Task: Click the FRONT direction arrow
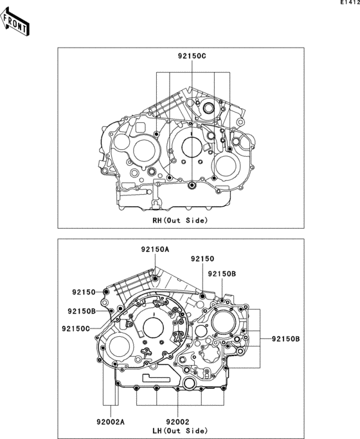coord(15,22)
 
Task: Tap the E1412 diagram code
coord(350,3)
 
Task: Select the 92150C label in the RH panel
coord(192,56)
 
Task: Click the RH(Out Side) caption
coord(180,220)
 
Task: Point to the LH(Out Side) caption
coord(180,431)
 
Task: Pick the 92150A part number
coord(155,249)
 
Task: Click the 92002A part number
coord(111,422)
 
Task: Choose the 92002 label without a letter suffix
coord(178,422)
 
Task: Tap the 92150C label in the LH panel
coord(76,328)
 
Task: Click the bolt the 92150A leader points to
coord(156,278)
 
